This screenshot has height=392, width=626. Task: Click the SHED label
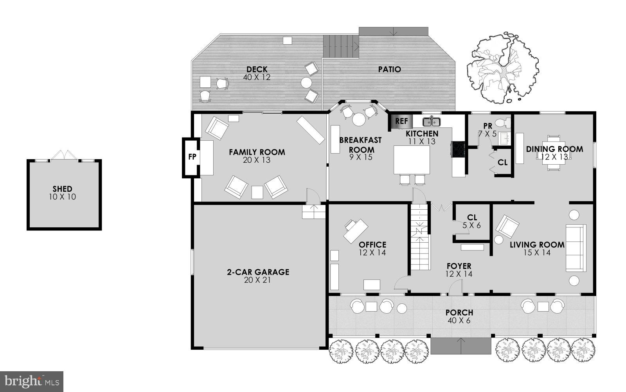(62, 189)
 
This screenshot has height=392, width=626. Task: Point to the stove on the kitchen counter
(458, 149)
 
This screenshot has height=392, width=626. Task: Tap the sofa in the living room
(576, 247)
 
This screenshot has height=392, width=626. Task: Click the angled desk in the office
(356, 231)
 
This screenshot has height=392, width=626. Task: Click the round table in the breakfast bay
(358, 119)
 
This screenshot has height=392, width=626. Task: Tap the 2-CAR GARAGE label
(258, 272)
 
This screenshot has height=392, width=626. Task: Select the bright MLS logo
(31, 381)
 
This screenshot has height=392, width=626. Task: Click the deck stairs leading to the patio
(340, 46)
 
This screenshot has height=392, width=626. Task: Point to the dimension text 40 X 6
(459, 321)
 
